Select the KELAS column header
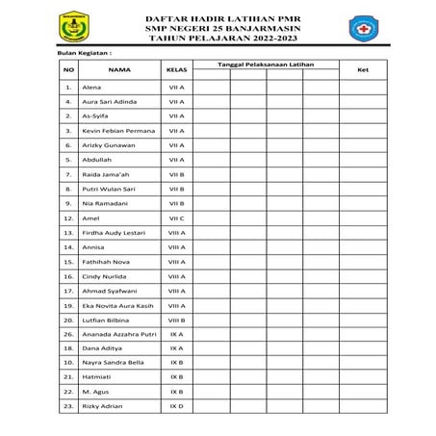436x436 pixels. click(x=176, y=70)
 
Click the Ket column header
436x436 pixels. click(x=362, y=70)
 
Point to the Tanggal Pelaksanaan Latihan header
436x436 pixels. click(x=265, y=64)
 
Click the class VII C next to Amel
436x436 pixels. click(x=176, y=218)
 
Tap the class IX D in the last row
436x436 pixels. click(x=176, y=407)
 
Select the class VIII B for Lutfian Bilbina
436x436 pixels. click(x=176, y=320)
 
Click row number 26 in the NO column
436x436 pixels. click(x=68, y=334)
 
